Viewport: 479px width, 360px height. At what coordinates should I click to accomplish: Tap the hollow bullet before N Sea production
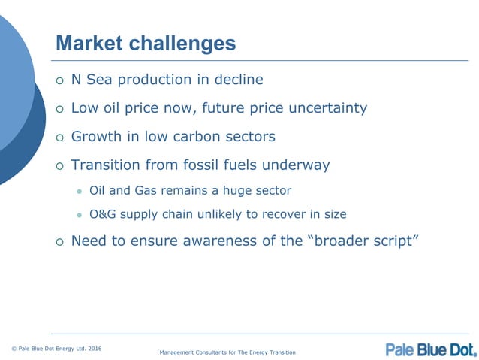tap(60, 80)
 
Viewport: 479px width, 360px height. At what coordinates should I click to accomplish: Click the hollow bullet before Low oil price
tap(60, 109)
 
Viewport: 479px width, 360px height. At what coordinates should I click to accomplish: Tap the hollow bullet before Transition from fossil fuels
tap(60, 165)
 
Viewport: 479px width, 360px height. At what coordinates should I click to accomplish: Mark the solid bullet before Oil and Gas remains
tap(78, 192)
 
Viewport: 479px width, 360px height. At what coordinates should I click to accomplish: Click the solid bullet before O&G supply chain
tap(78, 215)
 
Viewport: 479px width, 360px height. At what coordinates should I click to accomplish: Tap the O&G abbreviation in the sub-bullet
tap(101, 214)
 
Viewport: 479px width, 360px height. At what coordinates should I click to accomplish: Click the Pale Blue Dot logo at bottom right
tap(431, 349)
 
